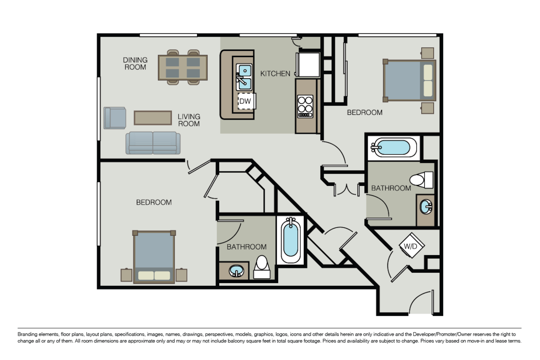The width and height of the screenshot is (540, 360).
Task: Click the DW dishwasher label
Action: coord(245,101)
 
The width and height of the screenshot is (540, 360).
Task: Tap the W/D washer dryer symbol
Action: coord(409,246)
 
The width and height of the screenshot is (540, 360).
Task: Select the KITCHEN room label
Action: coord(275,73)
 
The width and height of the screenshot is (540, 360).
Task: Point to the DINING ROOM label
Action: coord(135,63)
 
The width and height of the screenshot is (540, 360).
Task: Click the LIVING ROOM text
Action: coord(189,120)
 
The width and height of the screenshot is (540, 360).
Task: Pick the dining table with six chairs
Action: coord(183,67)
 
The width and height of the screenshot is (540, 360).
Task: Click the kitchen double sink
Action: coord(244,76)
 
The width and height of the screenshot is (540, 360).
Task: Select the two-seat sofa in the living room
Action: coord(153,143)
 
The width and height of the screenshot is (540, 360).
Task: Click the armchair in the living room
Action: coord(114,118)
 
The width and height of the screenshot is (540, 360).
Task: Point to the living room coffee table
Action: coord(153,117)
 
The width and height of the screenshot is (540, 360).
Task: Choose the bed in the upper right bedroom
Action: coord(409,81)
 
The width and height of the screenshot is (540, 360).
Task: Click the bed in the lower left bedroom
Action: coord(154,257)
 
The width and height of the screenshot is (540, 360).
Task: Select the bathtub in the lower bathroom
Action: coord(291,240)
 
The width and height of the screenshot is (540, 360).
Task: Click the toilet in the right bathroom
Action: coord(421,180)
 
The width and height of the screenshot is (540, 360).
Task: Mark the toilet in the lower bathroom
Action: coord(262,267)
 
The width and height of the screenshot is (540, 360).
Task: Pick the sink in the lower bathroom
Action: coord(235,271)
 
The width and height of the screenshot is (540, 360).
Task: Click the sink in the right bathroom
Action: coord(425,207)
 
